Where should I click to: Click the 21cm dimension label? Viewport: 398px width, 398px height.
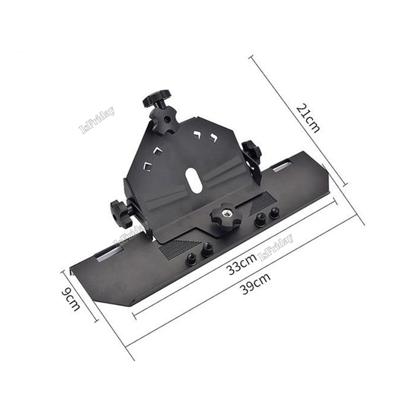[x=307, y=119]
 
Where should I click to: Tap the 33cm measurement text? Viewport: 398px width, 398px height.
[x=241, y=267]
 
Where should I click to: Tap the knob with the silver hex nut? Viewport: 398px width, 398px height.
[x=226, y=216]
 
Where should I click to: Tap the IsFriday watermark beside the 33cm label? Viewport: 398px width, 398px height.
[x=276, y=247]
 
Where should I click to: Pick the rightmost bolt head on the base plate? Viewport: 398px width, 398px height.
[x=274, y=213]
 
